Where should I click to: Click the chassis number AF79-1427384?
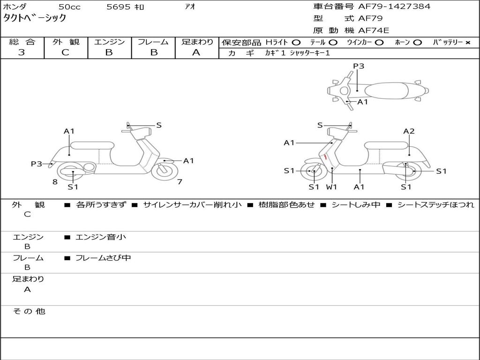point(394,7)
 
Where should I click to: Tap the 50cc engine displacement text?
point(69,7)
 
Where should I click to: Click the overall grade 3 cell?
point(22,52)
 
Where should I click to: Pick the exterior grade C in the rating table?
point(65,52)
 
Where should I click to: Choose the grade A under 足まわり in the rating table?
point(196,52)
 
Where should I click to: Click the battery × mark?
point(467,43)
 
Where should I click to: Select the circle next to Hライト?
point(296,43)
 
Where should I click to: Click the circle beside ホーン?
point(417,43)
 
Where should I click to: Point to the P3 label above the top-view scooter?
point(359,66)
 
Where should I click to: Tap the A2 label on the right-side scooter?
point(409,131)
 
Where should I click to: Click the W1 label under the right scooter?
point(332,187)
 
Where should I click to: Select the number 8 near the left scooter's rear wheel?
point(55,182)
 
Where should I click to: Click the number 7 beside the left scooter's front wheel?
point(180,182)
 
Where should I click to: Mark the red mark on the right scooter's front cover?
point(325,157)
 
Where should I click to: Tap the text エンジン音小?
point(101,237)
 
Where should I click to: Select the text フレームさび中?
point(103,258)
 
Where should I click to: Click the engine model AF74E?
point(374,31)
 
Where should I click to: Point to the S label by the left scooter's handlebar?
point(159,125)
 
